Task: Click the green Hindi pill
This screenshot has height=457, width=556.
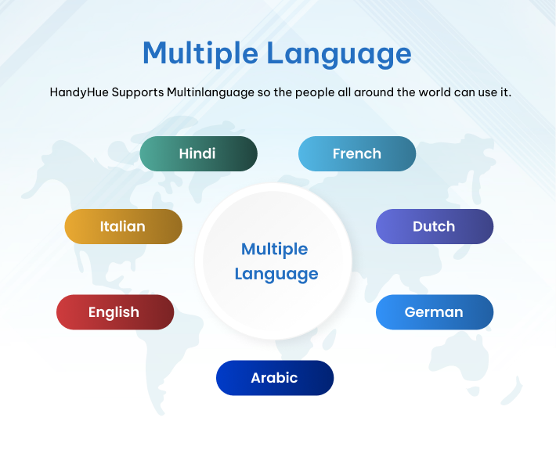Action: (198, 153)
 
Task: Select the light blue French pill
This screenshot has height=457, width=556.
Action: (357, 153)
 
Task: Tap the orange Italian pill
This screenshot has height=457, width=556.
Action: (123, 226)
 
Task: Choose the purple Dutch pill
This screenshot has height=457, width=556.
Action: (434, 226)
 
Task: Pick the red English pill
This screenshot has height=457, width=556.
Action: (114, 312)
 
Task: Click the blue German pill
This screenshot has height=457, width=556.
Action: (434, 312)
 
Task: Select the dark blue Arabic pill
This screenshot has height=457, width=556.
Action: (274, 378)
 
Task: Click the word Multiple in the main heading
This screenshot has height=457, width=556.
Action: (199, 54)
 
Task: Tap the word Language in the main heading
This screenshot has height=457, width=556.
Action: (338, 54)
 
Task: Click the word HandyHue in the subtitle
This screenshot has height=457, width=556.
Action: (79, 92)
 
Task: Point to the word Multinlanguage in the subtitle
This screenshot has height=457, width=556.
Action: (211, 92)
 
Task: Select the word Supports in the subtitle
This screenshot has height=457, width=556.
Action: (138, 92)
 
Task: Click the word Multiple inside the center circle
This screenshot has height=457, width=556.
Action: (274, 250)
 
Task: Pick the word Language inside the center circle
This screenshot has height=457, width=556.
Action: (276, 274)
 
